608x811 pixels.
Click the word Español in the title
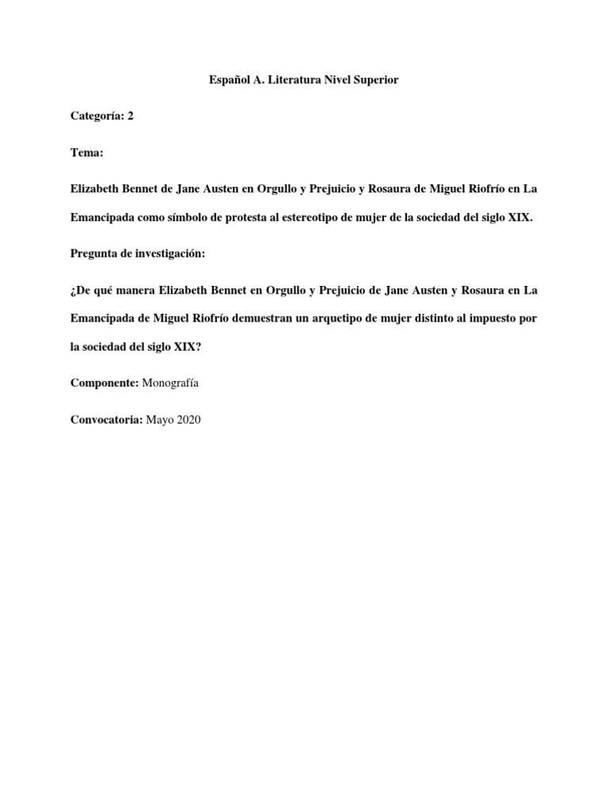pos(229,81)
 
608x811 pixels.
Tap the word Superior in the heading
pos(376,81)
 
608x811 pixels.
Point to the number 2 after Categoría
pos(131,116)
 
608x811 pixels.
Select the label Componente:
pos(104,383)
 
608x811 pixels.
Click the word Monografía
pos(170,383)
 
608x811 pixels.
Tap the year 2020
pos(188,420)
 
